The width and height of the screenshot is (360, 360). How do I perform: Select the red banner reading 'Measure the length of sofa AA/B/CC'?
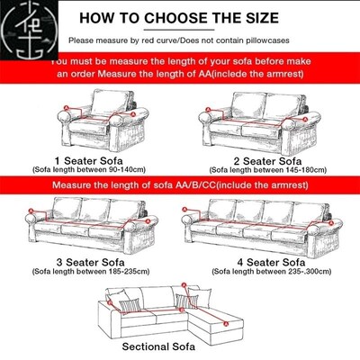coord(180,184)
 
